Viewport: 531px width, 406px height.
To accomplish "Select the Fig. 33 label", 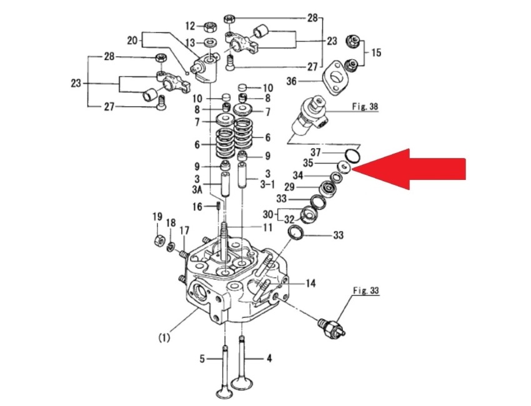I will pyautogui.click(x=365, y=290).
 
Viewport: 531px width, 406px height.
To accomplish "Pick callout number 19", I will pyautogui.click(x=157, y=217).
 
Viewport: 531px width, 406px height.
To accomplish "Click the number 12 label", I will pyautogui.click(x=190, y=26).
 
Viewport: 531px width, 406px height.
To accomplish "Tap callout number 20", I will pyautogui.click(x=132, y=41).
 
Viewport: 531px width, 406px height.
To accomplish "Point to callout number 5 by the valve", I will pyautogui.click(x=202, y=359).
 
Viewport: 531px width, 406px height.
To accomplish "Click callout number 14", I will pyautogui.click(x=310, y=284).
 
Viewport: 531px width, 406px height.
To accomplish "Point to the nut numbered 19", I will pyautogui.click(x=159, y=238).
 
